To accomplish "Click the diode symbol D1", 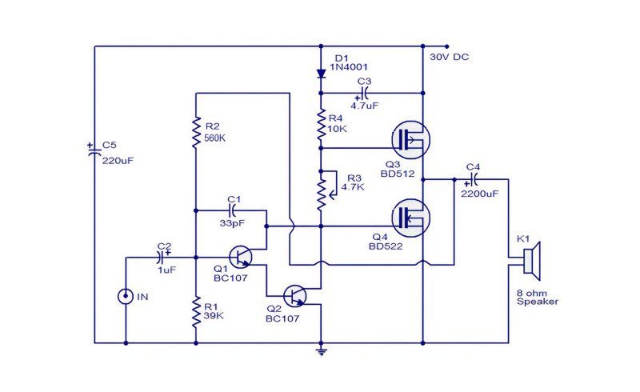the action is (322, 74).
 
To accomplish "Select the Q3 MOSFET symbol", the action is (410, 140).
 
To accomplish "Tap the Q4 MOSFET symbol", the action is (410, 218).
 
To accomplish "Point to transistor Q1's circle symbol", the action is (240, 258).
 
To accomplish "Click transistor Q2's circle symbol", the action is (294, 296).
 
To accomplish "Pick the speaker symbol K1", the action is (532, 262).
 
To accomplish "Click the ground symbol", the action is (322, 351).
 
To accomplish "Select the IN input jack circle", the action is (126, 297).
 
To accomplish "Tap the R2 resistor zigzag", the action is (196, 131).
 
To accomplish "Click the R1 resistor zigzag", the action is (196, 312).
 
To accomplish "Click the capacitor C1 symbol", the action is (233, 210).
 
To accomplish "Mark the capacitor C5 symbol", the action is (94, 150).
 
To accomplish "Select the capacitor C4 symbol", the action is (474, 180).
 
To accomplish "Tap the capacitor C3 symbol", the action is (364, 94).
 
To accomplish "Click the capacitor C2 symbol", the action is (162, 257).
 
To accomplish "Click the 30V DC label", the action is (449, 57).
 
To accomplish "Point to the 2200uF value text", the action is (480, 194).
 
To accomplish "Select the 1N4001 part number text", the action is (349, 67).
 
